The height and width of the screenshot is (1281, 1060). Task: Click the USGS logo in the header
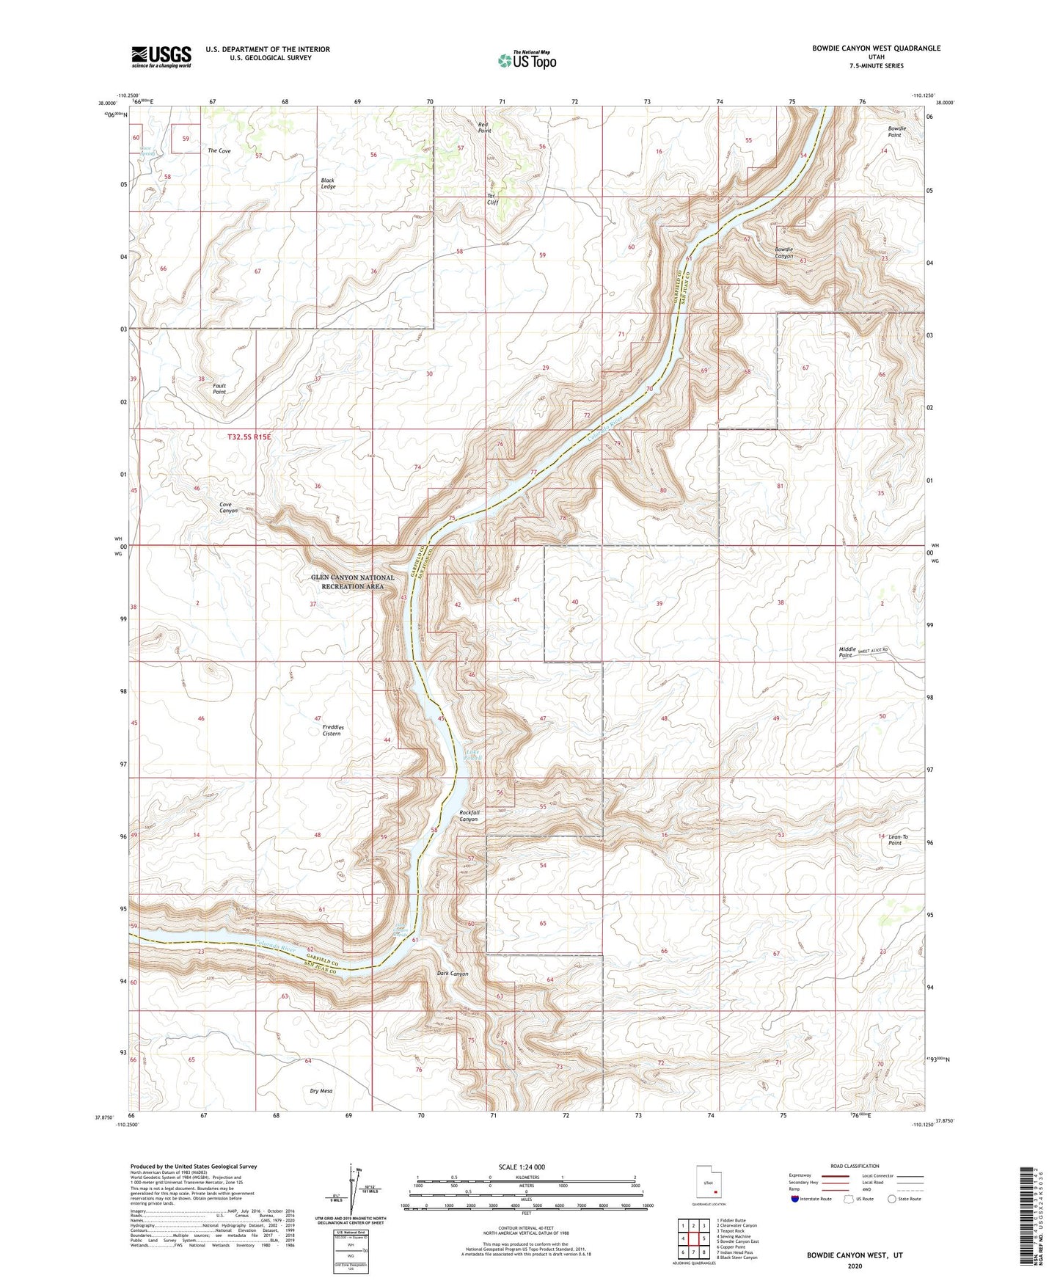tap(161, 56)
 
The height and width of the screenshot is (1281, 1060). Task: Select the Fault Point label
tap(219, 389)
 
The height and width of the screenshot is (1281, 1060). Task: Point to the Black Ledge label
tap(328, 183)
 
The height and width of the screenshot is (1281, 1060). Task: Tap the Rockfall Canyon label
tap(469, 816)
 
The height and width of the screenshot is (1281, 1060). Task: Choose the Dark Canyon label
tap(452, 974)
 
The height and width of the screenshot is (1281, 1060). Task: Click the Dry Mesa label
tap(321, 1091)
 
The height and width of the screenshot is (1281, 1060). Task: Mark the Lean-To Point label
tap(898, 839)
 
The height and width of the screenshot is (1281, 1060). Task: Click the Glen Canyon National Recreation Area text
tap(352, 582)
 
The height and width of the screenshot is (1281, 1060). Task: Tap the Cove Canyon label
tap(228, 507)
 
